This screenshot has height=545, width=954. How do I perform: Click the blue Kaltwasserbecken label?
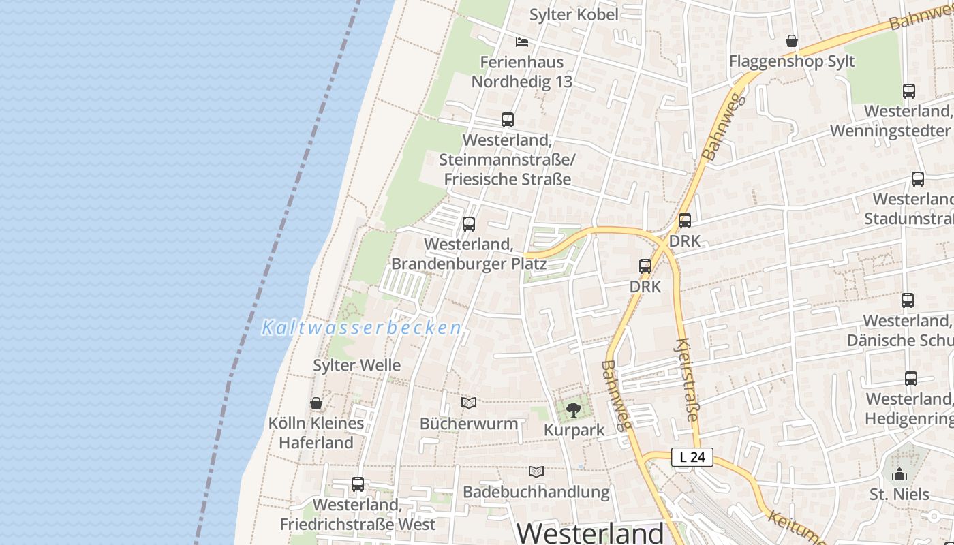[x=362, y=328]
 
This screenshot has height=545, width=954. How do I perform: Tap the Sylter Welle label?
[x=356, y=365]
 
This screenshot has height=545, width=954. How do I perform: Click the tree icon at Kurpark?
[x=574, y=409]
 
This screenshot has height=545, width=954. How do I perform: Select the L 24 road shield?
[x=692, y=457]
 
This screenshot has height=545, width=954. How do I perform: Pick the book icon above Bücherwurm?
[x=469, y=403]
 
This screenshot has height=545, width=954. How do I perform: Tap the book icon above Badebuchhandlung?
[x=536, y=471]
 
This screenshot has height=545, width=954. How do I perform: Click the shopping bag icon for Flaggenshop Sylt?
[x=792, y=42]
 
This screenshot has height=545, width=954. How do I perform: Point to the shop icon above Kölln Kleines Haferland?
[x=316, y=403]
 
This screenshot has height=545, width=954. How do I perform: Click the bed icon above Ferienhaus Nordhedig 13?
[x=522, y=42]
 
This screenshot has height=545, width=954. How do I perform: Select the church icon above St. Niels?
[x=899, y=474]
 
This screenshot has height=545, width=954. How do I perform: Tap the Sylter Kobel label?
[x=574, y=14]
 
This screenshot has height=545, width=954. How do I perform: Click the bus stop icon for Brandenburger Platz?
[x=469, y=224]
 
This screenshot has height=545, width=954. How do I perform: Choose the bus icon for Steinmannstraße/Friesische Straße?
[x=508, y=120]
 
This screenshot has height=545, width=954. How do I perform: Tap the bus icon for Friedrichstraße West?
[x=358, y=484]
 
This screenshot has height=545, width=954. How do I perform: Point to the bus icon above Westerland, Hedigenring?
[x=911, y=379]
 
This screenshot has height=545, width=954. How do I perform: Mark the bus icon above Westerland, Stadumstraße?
[x=918, y=179]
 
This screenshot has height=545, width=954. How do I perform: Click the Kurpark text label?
[x=574, y=431]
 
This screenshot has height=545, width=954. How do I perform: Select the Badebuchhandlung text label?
[x=536, y=492]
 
